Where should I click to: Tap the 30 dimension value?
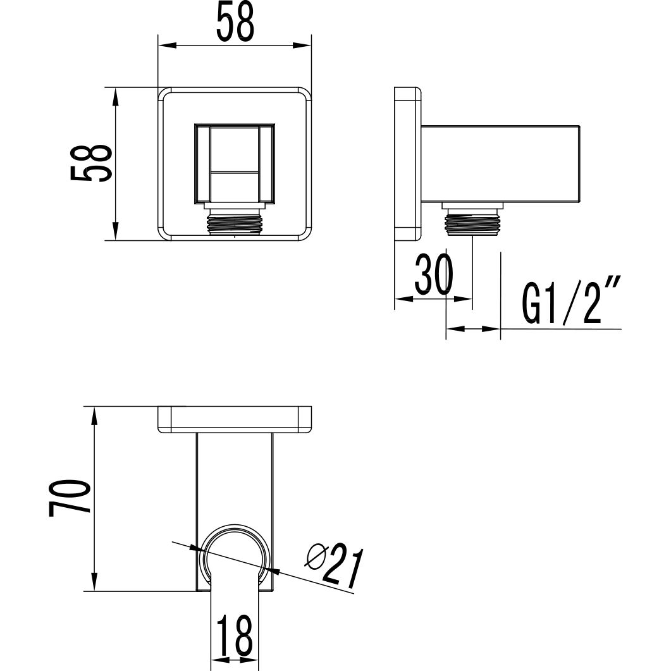pos(434,274)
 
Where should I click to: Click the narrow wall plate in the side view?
pos(408,163)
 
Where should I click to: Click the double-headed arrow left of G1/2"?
pos(473,329)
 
